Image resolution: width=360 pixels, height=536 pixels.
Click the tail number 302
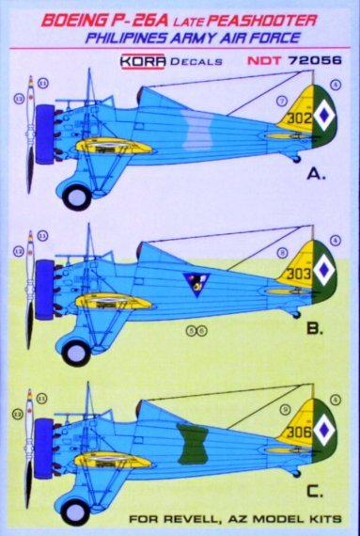300,119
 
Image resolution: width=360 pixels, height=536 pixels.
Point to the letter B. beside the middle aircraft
314,330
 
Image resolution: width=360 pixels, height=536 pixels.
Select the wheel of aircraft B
75,353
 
